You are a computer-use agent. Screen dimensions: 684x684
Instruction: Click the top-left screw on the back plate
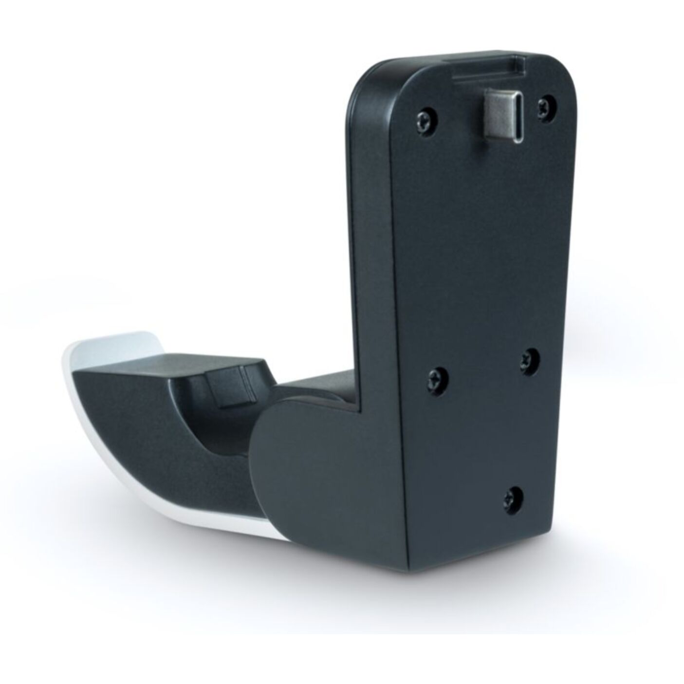[426, 117]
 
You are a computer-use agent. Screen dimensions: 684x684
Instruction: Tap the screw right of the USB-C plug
[545, 104]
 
